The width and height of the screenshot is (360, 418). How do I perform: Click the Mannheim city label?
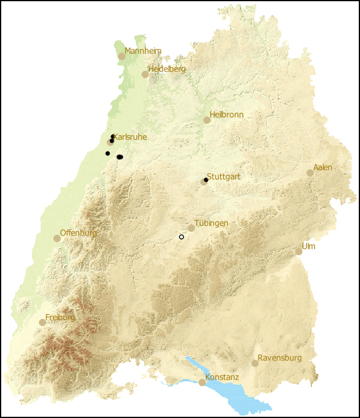point(143,51)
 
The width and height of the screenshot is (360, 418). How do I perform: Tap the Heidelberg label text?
point(167,69)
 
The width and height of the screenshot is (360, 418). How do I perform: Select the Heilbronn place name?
point(227,114)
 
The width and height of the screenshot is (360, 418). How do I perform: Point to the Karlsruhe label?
point(130,137)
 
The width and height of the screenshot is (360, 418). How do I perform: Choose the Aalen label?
point(323,167)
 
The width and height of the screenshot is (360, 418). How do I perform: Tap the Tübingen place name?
point(211,223)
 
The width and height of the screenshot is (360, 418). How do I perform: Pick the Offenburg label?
point(79,233)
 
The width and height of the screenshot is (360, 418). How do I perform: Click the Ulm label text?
point(308,246)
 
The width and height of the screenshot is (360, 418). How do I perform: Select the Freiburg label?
point(61,317)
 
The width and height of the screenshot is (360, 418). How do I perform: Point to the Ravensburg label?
point(280,358)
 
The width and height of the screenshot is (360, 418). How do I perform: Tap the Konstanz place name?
point(222,377)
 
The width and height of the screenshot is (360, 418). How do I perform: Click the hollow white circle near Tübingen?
point(181,237)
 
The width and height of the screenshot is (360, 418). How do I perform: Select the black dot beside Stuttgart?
point(206,180)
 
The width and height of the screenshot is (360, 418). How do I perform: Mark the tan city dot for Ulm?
point(299,252)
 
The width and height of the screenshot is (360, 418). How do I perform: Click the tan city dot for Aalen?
point(310,173)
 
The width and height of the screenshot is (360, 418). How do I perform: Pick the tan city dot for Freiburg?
point(43,323)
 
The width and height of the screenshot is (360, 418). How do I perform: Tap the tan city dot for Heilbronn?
point(207,120)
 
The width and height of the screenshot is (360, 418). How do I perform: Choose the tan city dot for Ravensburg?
point(255,363)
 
